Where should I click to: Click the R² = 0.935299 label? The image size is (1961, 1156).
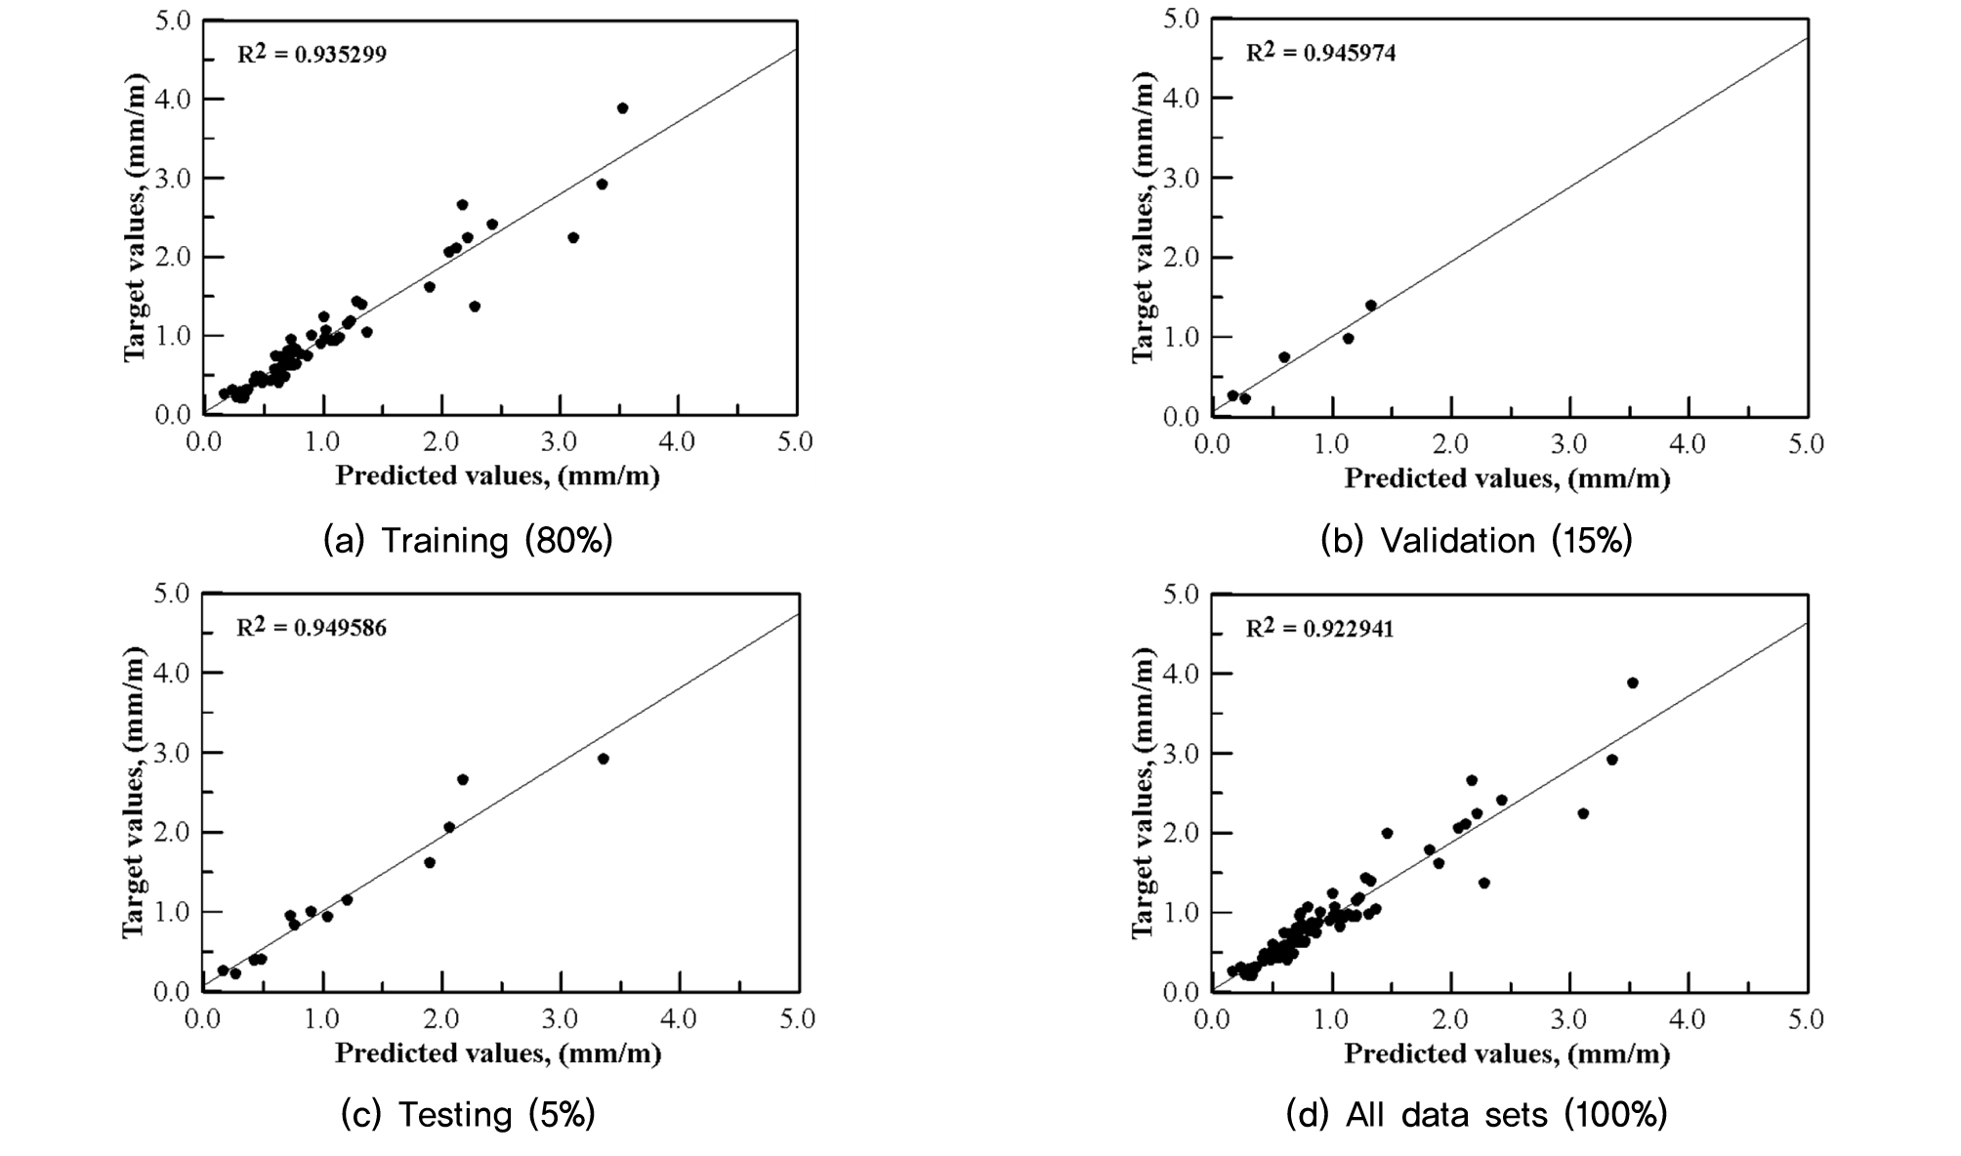point(313,54)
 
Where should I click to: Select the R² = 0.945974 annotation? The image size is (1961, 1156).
point(1320,52)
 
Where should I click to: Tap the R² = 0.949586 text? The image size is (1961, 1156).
point(312,627)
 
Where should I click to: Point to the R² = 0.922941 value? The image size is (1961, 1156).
point(1320,628)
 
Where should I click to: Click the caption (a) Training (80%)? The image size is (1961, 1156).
point(468,540)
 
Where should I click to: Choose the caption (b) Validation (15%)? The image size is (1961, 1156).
point(1477,540)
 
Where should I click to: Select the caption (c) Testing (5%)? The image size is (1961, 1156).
point(468,1114)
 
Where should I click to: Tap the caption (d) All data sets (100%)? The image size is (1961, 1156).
point(1477,1114)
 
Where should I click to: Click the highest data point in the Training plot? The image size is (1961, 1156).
point(622,108)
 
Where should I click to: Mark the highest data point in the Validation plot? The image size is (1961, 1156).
point(1371,306)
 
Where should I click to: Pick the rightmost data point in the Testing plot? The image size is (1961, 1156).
point(603,759)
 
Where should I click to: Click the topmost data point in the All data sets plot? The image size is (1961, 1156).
point(1632,682)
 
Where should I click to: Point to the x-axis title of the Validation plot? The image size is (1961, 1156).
point(1507,478)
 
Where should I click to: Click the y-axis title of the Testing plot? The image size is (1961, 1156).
point(134,792)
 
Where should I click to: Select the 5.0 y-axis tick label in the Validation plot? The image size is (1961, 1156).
point(1182,20)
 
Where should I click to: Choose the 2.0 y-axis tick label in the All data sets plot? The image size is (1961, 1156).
point(1182,833)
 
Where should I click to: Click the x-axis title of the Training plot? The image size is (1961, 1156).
point(498,476)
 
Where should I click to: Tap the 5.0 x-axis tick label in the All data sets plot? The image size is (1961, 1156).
point(1805,1019)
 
